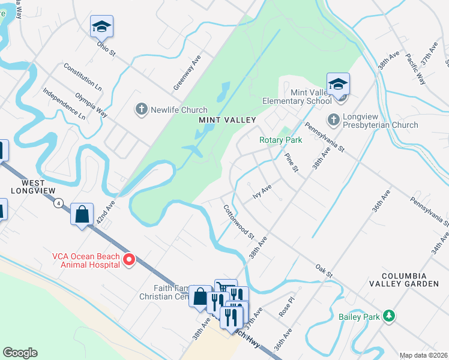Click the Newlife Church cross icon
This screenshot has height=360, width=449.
click(x=141, y=110)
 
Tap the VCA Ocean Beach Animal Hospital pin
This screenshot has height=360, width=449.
click(x=128, y=260)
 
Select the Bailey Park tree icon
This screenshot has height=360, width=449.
click(x=390, y=316)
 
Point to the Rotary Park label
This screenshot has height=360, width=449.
click(x=280, y=140)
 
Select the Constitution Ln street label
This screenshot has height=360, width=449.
click(x=82, y=77)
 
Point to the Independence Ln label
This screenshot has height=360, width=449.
click(x=64, y=103)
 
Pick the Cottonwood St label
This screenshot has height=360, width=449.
click(x=240, y=221)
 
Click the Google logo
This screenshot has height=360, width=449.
click(x=20, y=353)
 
